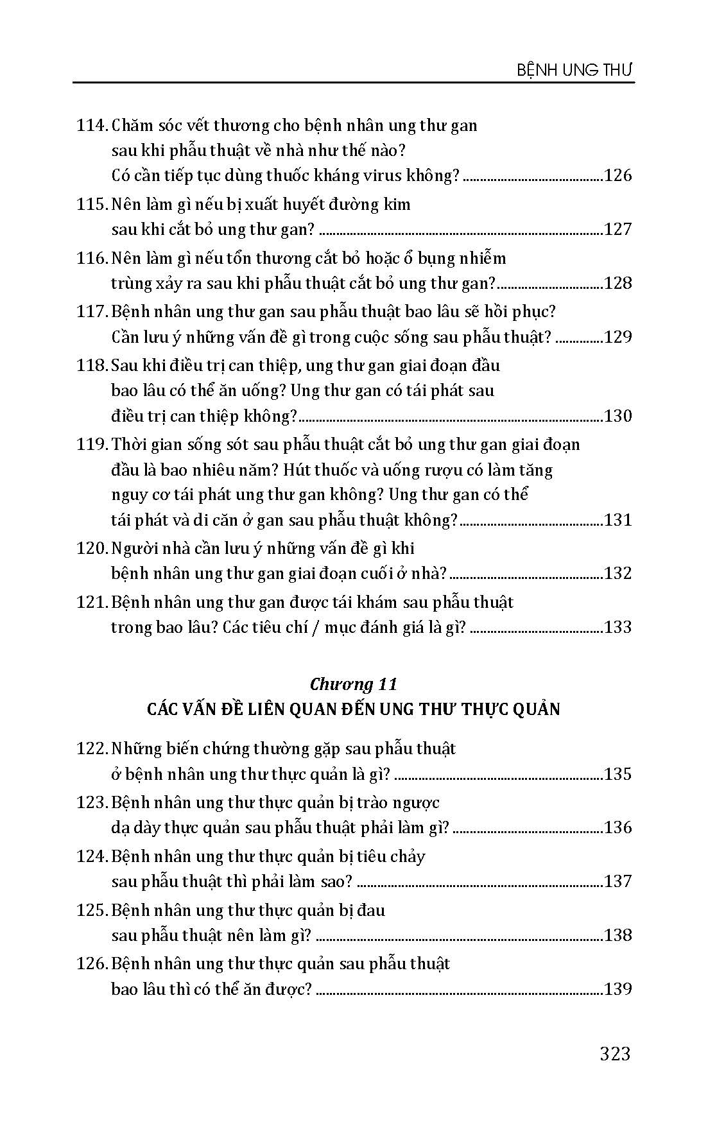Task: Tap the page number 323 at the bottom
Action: (x=615, y=1053)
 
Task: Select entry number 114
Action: (x=91, y=125)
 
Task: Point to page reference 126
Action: (x=617, y=175)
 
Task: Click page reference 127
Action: (x=617, y=229)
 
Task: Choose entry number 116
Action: (x=91, y=258)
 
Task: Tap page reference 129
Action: (x=617, y=337)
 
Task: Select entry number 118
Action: (x=91, y=366)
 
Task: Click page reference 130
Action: (x=617, y=416)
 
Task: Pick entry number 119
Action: (x=91, y=444)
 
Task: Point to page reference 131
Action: (x=617, y=519)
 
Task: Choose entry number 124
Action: (x=91, y=856)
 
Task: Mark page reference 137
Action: (x=617, y=881)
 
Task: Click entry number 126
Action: (x=91, y=963)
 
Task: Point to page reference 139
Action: (x=617, y=988)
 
